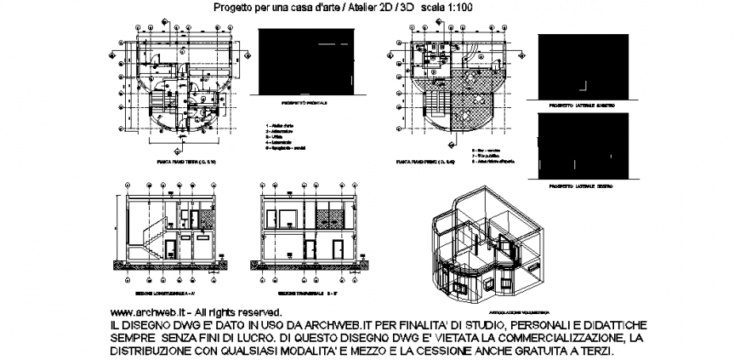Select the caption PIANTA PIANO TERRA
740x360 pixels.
click(186, 160)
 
